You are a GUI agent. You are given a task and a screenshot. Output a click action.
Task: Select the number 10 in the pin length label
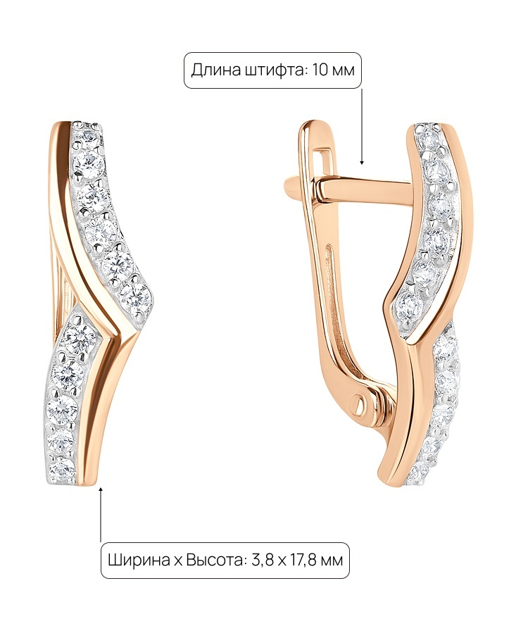[320, 70]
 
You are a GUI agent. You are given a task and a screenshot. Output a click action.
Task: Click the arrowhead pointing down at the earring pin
[362, 162]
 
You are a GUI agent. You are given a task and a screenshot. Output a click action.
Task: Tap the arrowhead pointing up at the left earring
[101, 489]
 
